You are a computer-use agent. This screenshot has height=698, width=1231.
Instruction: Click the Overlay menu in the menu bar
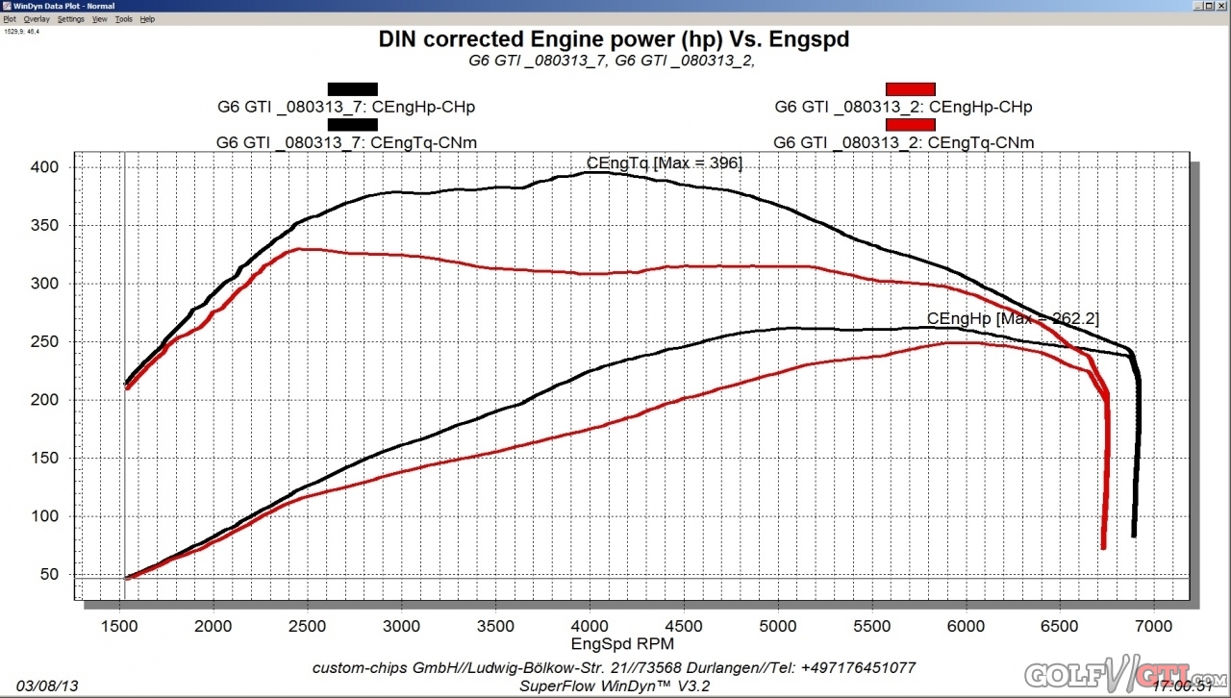coord(37,19)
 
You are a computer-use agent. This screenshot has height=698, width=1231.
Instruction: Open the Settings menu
coord(70,19)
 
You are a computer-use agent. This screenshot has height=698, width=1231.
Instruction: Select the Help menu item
coord(147,19)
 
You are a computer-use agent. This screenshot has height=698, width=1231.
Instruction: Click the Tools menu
coord(123,19)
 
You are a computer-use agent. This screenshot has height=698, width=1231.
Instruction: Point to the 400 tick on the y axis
coord(45,167)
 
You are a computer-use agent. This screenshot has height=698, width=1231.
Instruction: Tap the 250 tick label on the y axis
coord(45,342)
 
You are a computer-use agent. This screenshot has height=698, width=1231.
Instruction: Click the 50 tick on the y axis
coord(49,575)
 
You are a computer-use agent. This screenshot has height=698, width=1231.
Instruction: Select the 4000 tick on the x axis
coord(590,627)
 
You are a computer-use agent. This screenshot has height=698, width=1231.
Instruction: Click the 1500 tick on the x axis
coord(119,627)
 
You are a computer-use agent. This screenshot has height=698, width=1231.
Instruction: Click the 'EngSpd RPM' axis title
coord(622,643)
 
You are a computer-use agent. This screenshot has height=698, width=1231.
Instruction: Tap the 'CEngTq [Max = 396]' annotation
coord(664,163)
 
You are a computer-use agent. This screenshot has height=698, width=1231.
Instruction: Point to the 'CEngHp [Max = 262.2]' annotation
coord(1013,318)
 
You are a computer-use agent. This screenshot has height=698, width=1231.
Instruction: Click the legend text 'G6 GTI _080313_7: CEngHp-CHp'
coord(346,107)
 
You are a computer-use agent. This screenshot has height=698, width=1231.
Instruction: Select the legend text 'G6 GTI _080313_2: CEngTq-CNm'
coord(904,143)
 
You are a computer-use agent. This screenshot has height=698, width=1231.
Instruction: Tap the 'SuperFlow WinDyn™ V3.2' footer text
coord(614,686)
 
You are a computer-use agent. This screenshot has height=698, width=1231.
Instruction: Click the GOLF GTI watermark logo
coord(1120,676)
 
